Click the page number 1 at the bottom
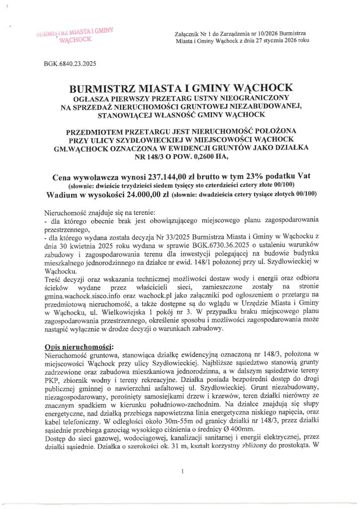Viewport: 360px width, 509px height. pos(183,470)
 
